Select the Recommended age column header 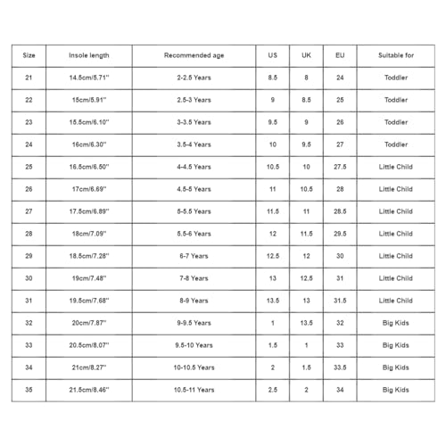pyautogui.click(x=194, y=55)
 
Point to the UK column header pyautogui.click(x=307, y=55)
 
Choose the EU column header pyautogui.click(x=340, y=55)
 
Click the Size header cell pyautogui.click(x=29, y=55)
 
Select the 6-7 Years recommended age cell pyautogui.click(x=194, y=256)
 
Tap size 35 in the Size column pyautogui.click(x=29, y=390)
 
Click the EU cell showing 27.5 pyautogui.click(x=340, y=167)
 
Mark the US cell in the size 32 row pyautogui.click(x=273, y=323)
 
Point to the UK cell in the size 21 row pyautogui.click(x=307, y=78)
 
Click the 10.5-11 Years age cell pyautogui.click(x=194, y=390)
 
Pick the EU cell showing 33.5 pyautogui.click(x=340, y=368)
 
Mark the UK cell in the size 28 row pyautogui.click(x=307, y=234)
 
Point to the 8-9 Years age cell pyautogui.click(x=194, y=301)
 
